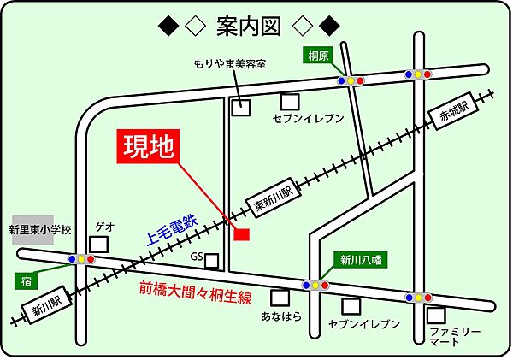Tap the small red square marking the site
tap(241, 233)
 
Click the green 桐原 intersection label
tap(320, 56)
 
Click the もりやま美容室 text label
tap(229, 63)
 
